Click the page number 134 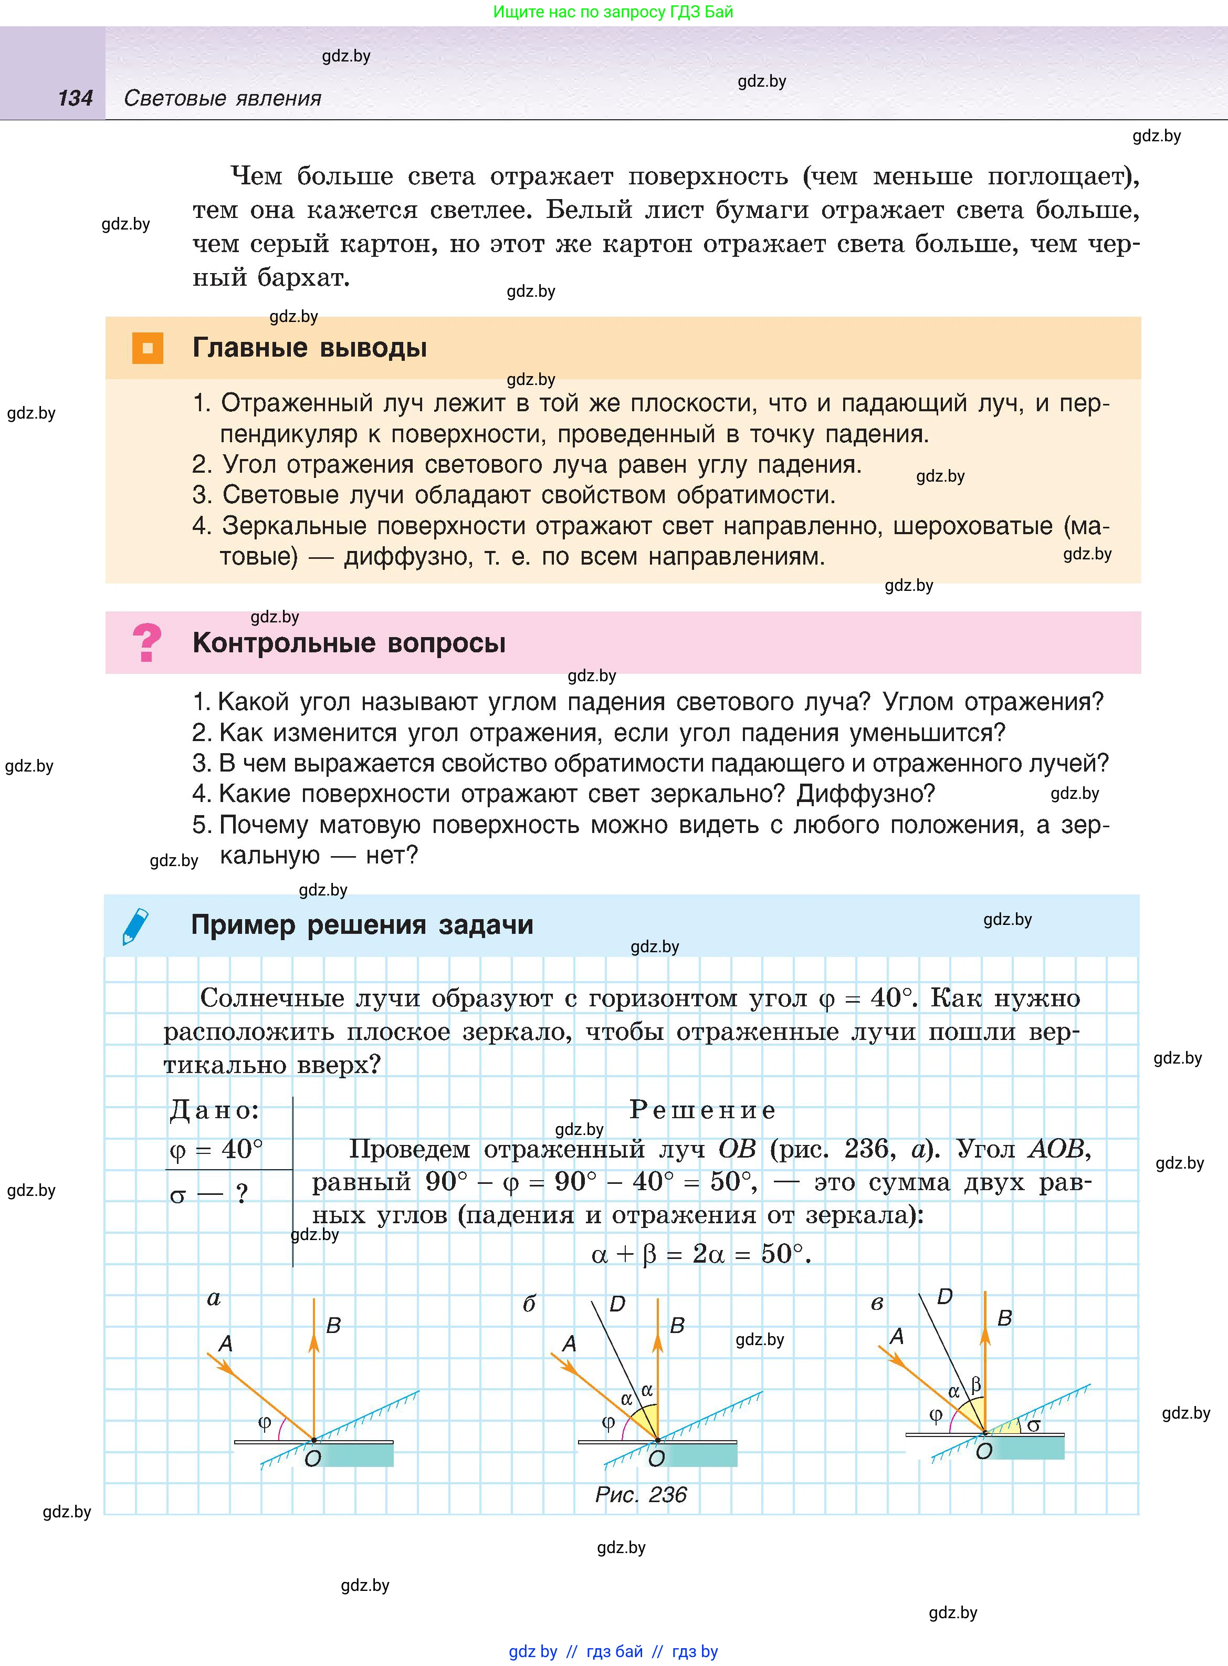[x=75, y=98]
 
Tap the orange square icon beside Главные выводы [x=147, y=348]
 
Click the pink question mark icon [x=146, y=642]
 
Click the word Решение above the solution [x=702, y=1110]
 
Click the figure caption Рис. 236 [x=641, y=1494]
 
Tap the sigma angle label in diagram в [x=1033, y=1425]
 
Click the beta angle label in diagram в [x=976, y=1384]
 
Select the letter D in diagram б [x=617, y=1304]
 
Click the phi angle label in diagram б [x=608, y=1422]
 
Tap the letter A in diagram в [x=897, y=1337]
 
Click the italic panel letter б [x=529, y=1304]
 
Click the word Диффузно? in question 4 [x=865, y=794]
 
